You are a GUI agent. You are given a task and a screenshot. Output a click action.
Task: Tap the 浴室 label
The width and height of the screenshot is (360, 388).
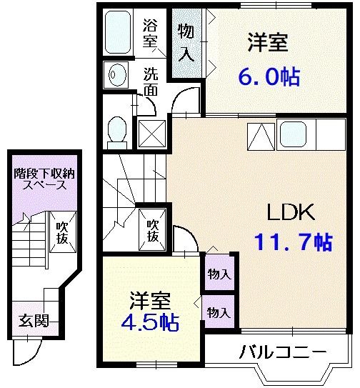(x=150, y=33)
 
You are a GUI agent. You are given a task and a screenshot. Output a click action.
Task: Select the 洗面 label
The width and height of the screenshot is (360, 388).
(x=150, y=81)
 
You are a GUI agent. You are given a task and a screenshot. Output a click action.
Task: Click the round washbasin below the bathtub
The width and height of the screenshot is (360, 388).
(x=114, y=72)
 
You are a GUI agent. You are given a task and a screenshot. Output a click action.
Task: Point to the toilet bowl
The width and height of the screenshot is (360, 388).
(x=116, y=131)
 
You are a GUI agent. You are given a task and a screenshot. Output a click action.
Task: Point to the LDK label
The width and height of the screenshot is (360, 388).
(x=291, y=212)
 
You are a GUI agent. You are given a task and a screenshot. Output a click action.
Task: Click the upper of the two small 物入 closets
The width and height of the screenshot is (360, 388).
(x=219, y=274)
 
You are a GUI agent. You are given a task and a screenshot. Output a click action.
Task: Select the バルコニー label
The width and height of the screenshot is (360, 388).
(x=282, y=352)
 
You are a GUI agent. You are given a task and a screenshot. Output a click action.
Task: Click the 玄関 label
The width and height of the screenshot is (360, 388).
(x=33, y=320)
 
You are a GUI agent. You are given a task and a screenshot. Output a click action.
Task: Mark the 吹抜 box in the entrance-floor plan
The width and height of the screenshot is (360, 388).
(x=62, y=233)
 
